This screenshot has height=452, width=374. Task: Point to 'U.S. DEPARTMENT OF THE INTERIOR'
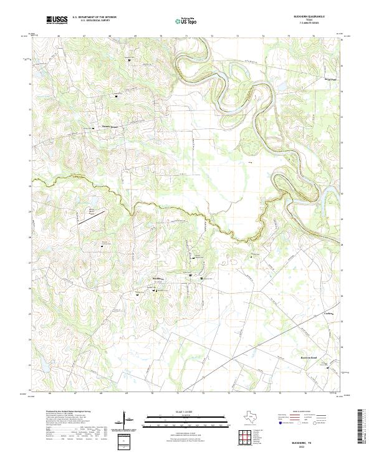coord(94,17)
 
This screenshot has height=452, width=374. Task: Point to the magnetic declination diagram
coord(128,420)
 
